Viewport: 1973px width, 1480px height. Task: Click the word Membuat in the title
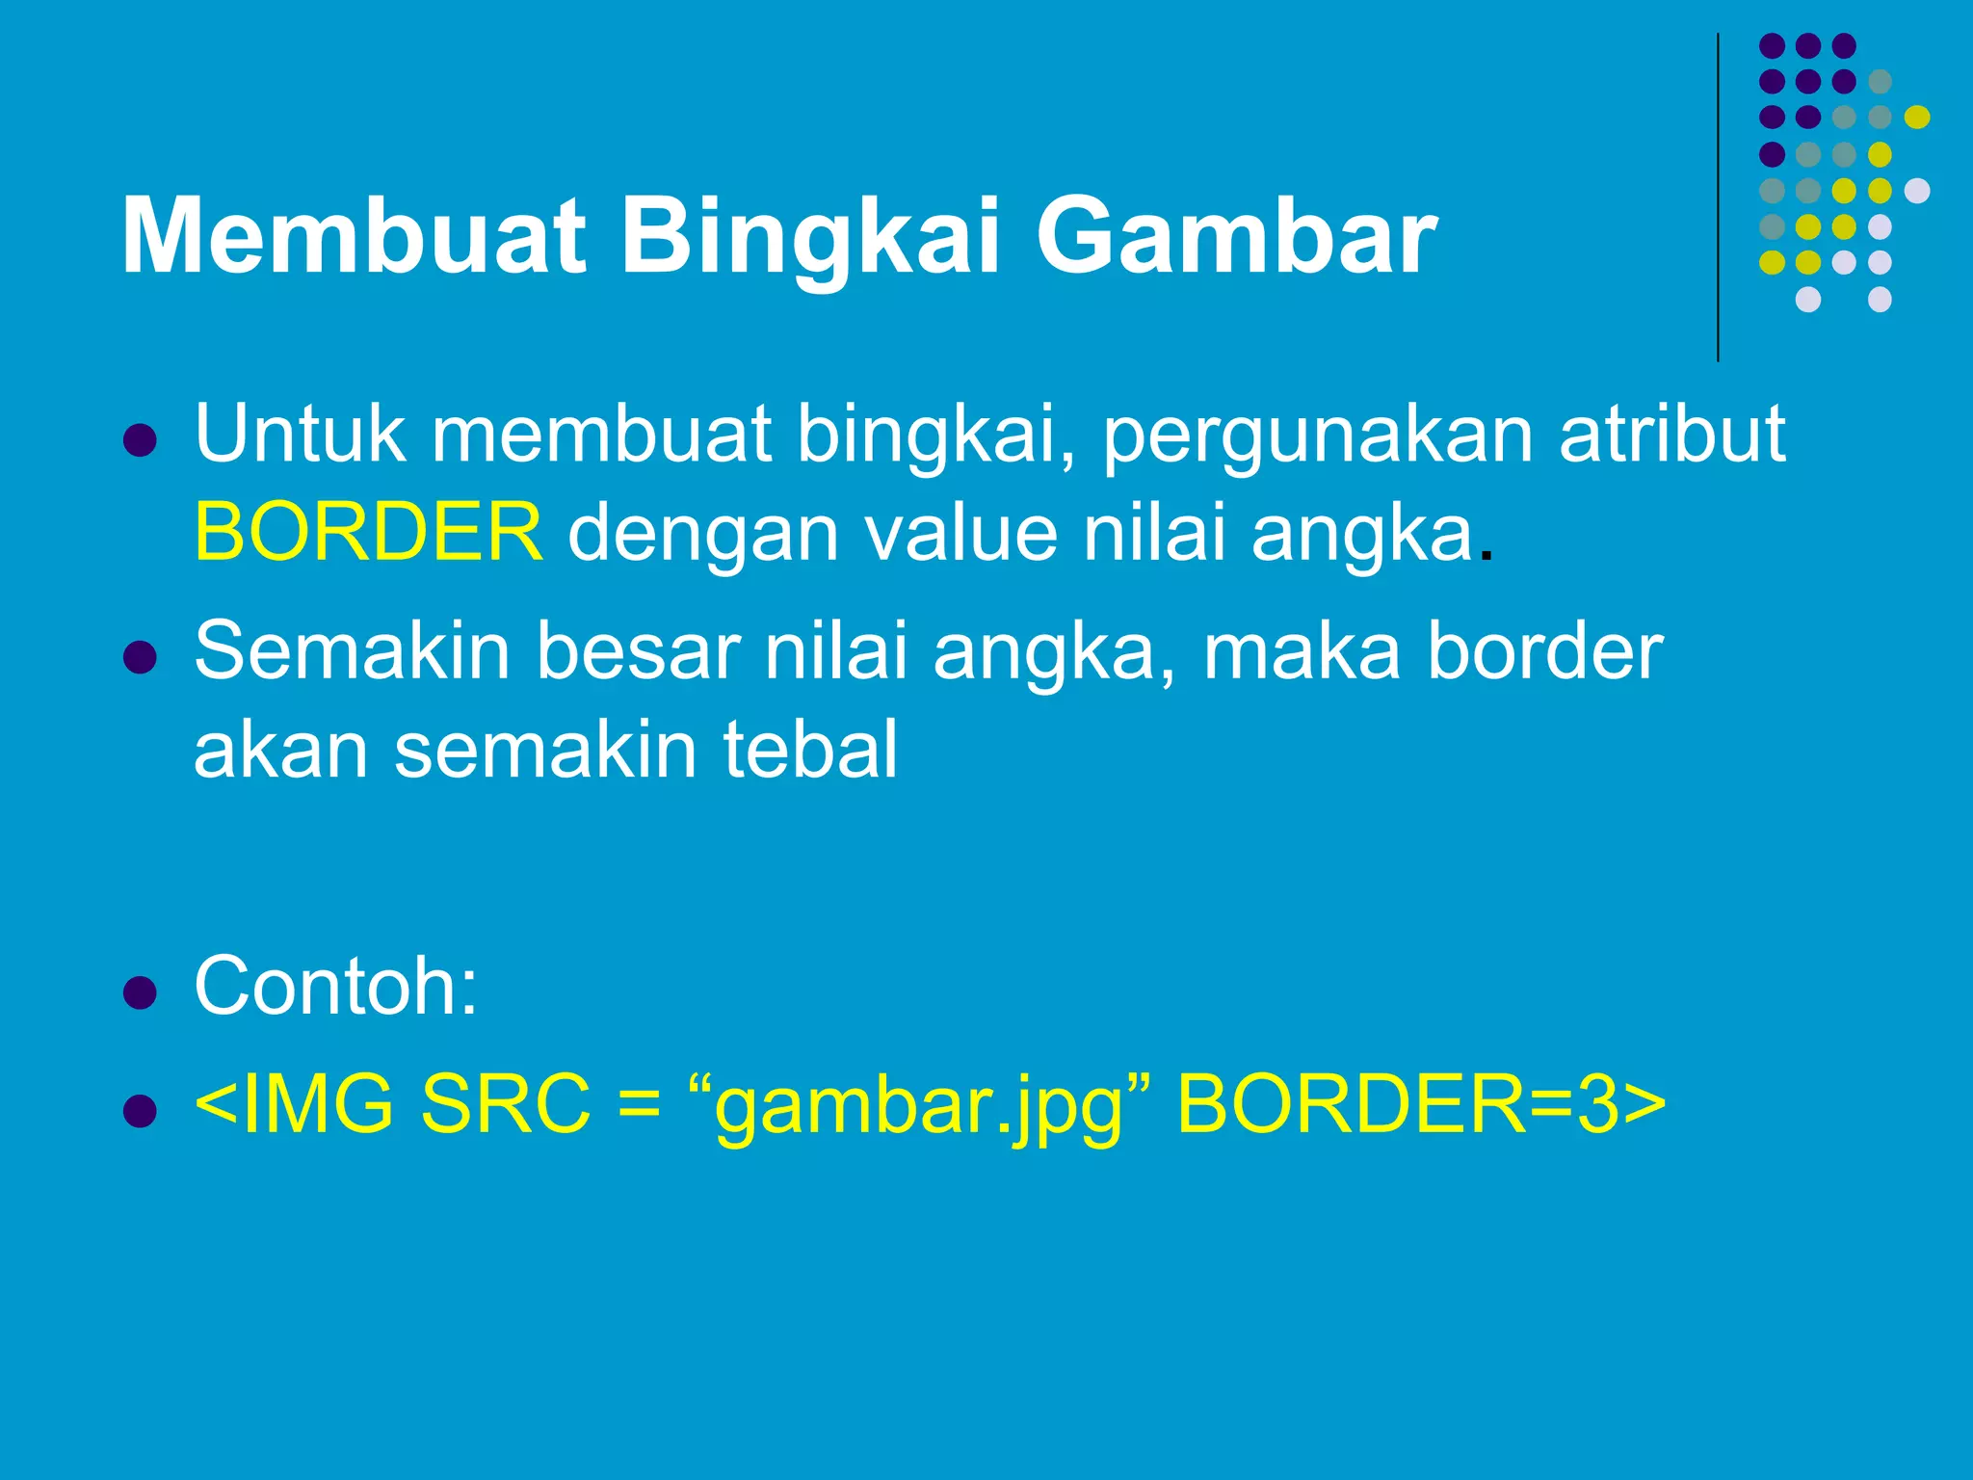[353, 237]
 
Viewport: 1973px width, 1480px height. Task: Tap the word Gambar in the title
[1236, 237]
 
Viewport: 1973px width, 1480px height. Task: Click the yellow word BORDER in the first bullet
[369, 532]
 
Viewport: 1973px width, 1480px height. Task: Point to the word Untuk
[300, 434]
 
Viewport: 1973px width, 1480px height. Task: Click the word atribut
[1672, 434]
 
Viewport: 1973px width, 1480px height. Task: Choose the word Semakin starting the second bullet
[352, 651]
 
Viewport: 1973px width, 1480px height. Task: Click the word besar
[638, 651]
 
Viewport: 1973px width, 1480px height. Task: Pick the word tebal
[810, 750]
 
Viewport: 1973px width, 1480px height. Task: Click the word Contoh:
[335, 986]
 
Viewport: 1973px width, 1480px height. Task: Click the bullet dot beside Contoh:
[141, 992]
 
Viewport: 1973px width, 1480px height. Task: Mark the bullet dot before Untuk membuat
[141, 440]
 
